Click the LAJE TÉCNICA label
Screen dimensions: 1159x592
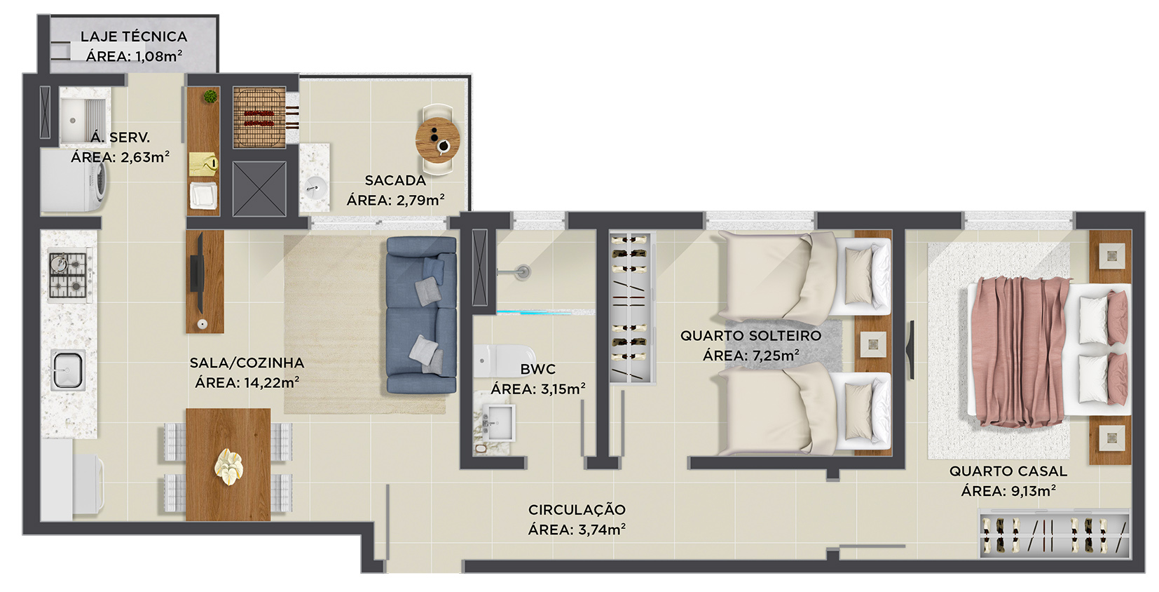pos(134,36)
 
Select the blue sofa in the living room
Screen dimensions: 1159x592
pos(422,315)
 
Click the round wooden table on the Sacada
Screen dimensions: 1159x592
pos(438,140)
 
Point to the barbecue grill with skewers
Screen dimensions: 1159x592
pos(260,118)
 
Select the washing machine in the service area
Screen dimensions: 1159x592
pos(74,181)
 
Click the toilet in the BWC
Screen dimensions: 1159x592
pos(504,361)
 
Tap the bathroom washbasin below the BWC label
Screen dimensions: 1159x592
pos(498,423)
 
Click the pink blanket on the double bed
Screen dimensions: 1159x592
pos(1019,351)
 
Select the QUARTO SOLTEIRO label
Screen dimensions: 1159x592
pos(750,335)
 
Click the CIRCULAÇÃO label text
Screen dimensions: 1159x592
pos(577,510)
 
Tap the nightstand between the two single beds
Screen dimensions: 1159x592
pos(873,344)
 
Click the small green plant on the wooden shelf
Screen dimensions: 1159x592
pos(210,96)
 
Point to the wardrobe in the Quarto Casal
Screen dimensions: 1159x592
pos(1054,534)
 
